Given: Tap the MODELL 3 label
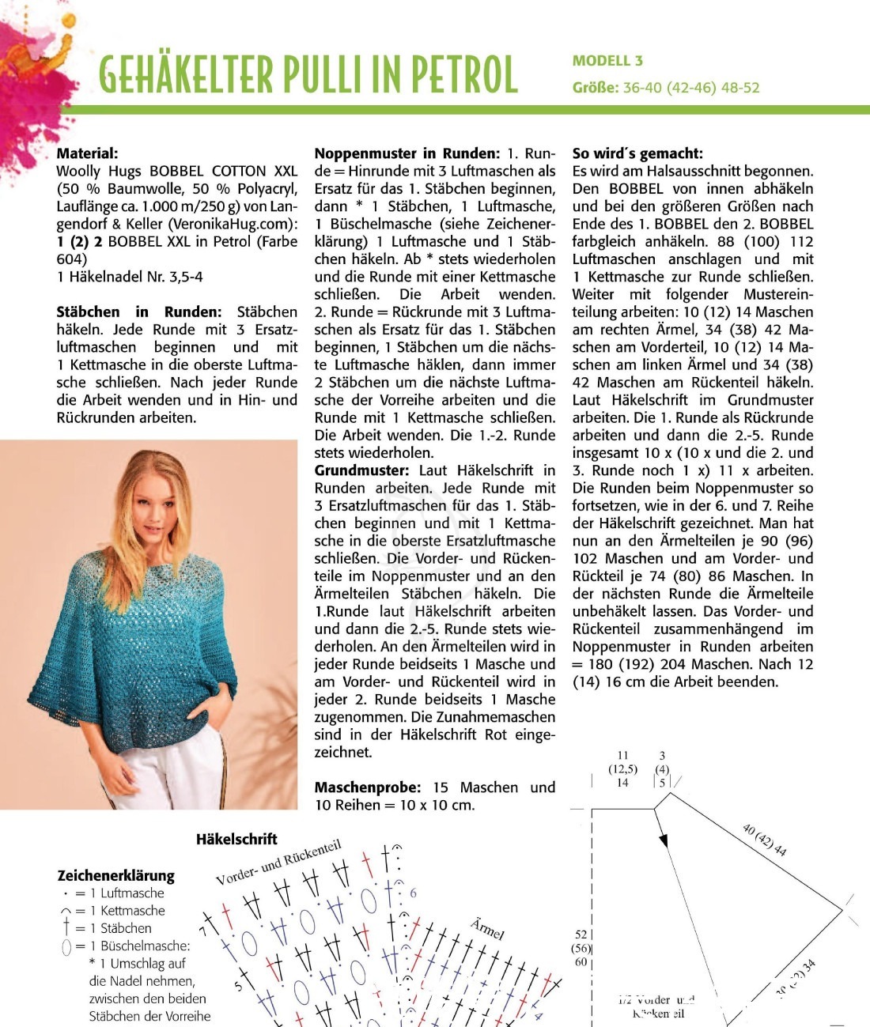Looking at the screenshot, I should coord(607,61).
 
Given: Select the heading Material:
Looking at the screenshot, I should coord(87,153).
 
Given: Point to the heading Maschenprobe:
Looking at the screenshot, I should coord(368,787).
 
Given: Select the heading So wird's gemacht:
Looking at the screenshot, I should coord(637,153).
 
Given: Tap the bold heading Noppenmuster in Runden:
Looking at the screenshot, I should coord(407,153).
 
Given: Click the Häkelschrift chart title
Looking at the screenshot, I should coord(236,839).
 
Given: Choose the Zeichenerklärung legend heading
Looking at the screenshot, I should coord(115,875).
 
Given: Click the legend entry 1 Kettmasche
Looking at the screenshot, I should coord(127,911).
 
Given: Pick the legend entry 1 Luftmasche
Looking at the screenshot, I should coord(127,893).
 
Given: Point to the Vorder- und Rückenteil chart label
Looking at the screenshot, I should coord(278,863).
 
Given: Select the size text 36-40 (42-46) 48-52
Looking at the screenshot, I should coord(690,88).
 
